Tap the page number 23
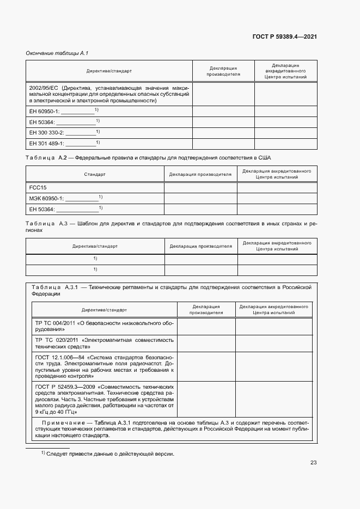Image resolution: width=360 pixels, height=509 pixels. click(x=314, y=463)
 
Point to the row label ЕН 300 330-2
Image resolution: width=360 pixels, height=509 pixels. click(x=47, y=133)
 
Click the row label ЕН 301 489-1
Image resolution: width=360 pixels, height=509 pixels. click(x=47, y=143)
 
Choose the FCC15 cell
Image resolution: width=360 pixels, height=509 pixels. click(x=38, y=187)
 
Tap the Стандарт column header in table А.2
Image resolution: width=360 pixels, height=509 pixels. click(x=95, y=174)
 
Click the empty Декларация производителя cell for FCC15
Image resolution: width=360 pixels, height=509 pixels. click(x=200, y=187)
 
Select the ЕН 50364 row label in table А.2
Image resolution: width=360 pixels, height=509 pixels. click(x=42, y=209)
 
